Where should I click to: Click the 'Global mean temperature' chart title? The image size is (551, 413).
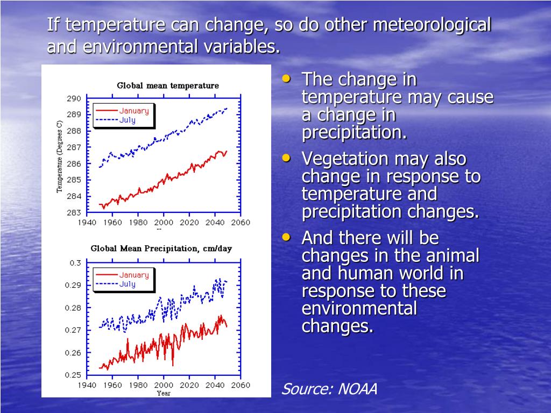pos(168,86)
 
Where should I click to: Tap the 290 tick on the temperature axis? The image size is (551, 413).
pos(74,98)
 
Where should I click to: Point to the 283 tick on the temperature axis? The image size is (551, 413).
pos(74,212)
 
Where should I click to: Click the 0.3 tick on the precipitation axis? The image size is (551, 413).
pos(75,263)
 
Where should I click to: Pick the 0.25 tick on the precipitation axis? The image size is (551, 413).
pos(73,375)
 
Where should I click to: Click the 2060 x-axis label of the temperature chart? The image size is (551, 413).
pos(241,223)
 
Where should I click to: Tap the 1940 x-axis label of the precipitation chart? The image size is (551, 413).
pos(86,385)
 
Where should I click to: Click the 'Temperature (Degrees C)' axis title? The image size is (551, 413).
pos(60,156)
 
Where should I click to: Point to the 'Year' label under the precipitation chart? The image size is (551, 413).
pos(164,393)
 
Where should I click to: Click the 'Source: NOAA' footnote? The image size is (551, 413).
pos(329,389)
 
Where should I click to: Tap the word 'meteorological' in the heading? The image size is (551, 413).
pos(432,25)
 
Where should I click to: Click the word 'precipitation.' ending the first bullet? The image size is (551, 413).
pos(354,132)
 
